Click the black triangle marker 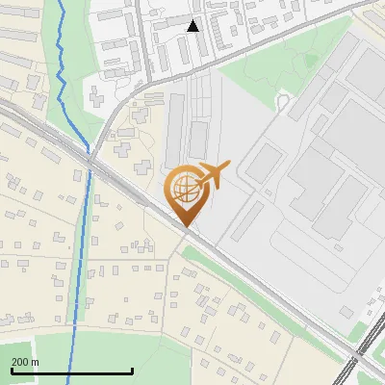(192, 26)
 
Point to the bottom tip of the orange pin (185, 226)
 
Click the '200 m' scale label (26, 362)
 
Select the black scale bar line (71, 372)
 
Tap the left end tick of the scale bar (11, 370)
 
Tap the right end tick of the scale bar (132, 370)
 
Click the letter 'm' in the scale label (35, 362)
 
